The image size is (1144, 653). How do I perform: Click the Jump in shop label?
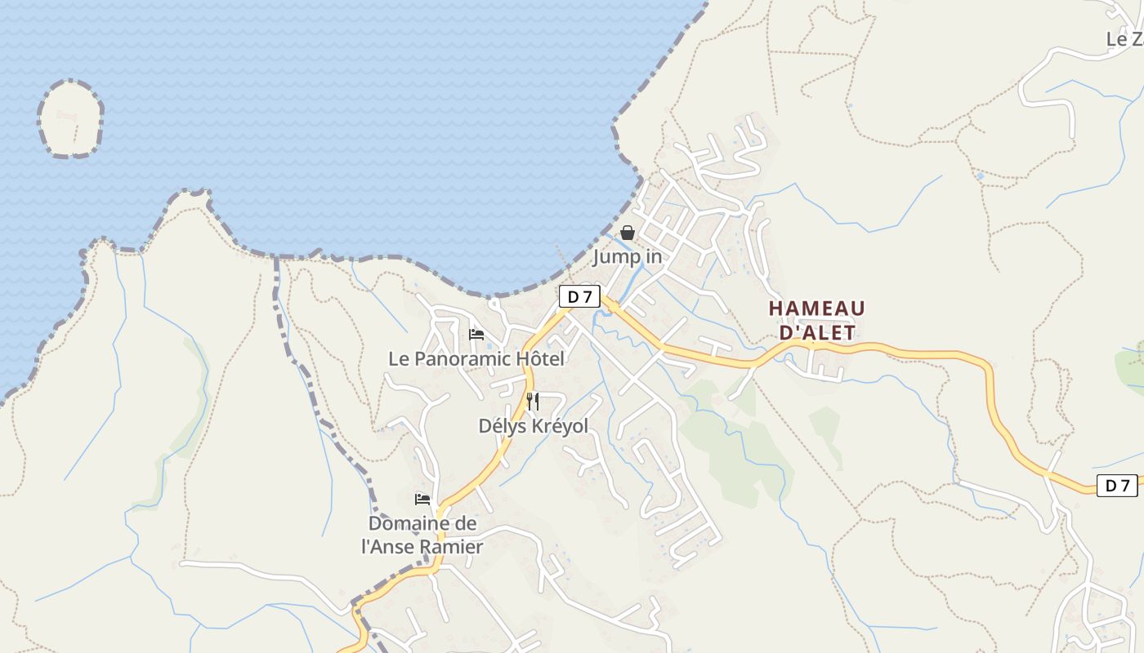627,256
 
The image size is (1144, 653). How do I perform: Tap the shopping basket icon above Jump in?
627,233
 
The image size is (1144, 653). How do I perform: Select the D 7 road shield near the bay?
579,297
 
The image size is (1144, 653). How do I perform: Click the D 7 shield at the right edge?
1116,486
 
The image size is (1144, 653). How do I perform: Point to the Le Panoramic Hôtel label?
476,358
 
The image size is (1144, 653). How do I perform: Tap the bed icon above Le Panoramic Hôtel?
476,335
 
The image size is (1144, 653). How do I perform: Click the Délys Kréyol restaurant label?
533,425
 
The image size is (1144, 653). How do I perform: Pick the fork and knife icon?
533,402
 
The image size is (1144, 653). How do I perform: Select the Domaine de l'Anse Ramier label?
422,535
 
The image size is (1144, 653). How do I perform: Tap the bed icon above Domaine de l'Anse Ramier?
422,499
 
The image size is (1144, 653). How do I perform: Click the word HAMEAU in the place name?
816,309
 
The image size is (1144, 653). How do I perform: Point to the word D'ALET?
816,333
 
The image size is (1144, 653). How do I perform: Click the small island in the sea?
70,118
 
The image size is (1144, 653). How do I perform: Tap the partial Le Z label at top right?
1124,39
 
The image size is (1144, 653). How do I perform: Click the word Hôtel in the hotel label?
540,358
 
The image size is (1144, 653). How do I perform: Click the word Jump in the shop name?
612,256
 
